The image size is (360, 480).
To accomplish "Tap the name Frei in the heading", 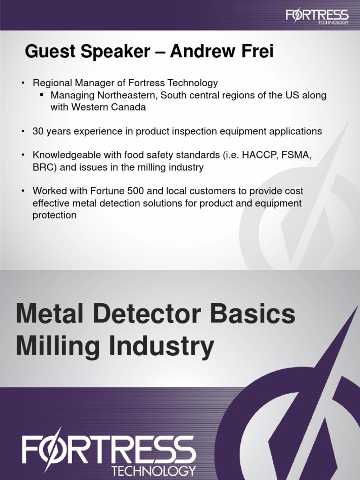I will pos(257,52).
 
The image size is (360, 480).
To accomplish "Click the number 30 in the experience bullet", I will pos(37,131).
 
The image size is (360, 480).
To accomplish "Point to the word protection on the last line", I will pos(54,215).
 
